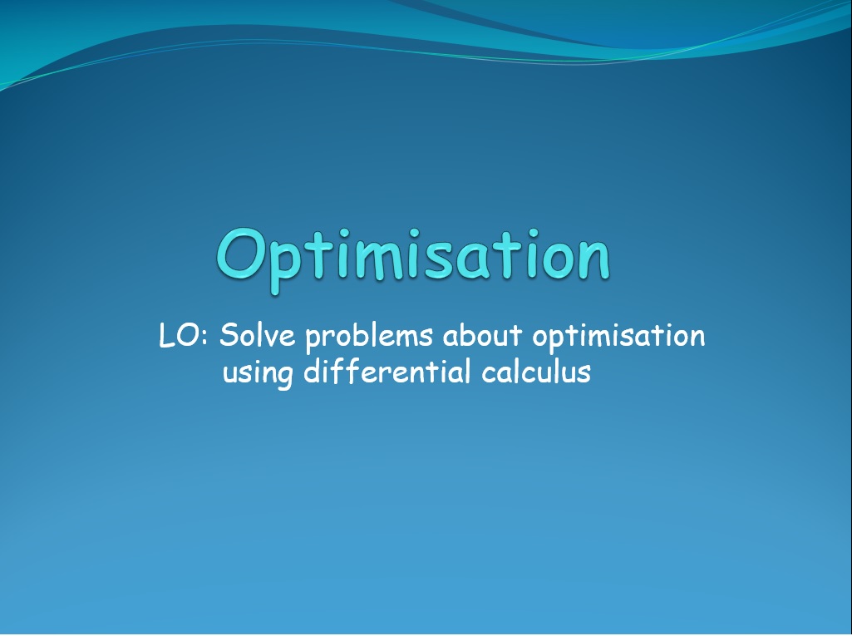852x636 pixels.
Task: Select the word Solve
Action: (x=257, y=334)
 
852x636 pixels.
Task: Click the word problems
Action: (x=369, y=337)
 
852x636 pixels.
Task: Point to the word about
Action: (x=482, y=335)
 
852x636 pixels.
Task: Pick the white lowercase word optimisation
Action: (x=618, y=337)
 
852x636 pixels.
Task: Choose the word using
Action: (x=259, y=374)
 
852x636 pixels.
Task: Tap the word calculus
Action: (x=536, y=372)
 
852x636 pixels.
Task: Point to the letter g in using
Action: (x=283, y=377)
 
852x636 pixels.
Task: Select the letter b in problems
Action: (x=356, y=334)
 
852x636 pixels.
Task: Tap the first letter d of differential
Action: (x=313, y=372)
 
